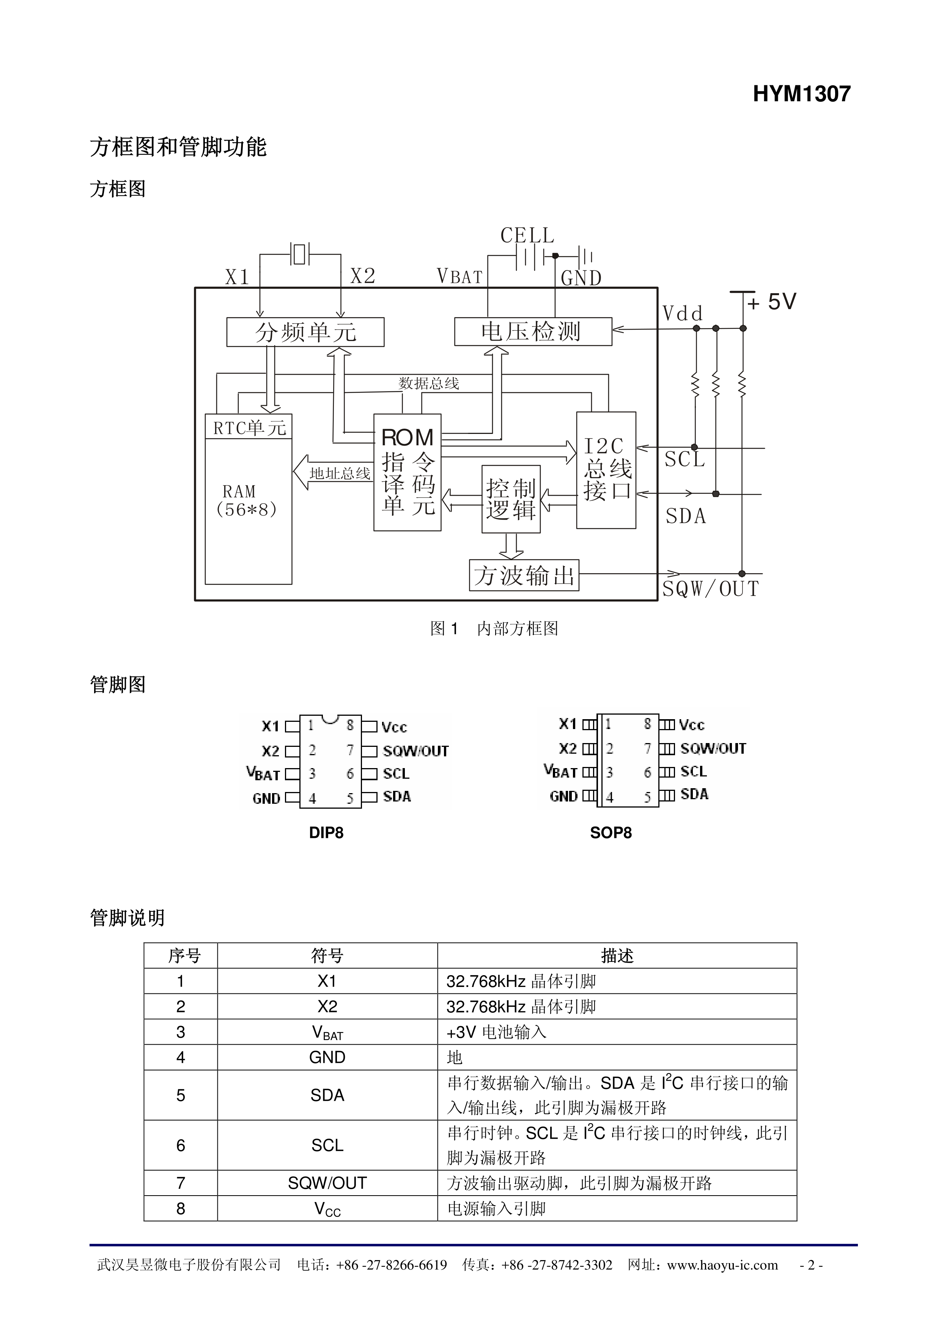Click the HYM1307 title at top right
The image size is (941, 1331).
801,94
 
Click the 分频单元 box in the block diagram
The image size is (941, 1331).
305,332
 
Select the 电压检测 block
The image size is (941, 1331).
532,332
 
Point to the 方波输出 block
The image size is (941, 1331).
524,575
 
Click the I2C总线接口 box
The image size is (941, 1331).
606,470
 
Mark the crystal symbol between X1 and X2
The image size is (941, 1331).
299,254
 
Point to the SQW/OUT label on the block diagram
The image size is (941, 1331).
710,589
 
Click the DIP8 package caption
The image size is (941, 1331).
326,833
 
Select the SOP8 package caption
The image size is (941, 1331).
611,833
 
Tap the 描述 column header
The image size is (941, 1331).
617,956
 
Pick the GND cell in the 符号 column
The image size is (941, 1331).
327,1058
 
